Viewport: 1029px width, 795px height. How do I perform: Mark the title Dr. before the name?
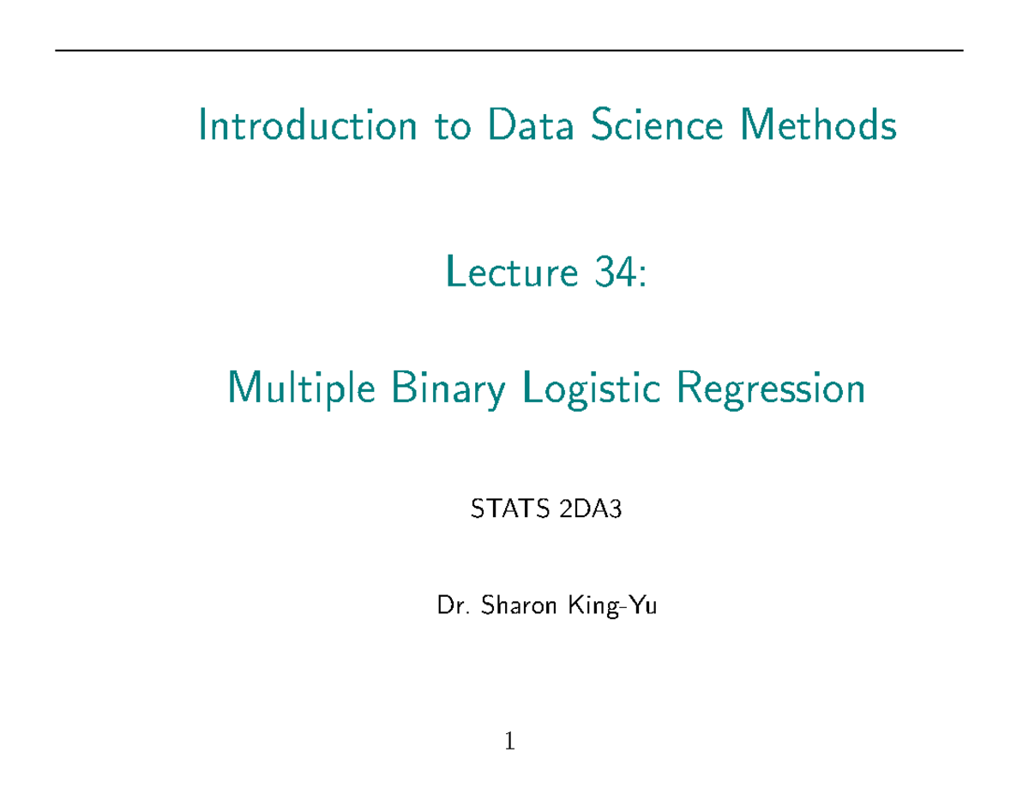pyautogui.click(x=449, y=608)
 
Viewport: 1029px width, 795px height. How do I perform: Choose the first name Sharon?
pyautogui.click(x=509, y=608)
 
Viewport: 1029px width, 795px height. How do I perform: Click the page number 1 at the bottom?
pyautogui.click(x=510, y=741)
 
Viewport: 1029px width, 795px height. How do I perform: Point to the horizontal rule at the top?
pyautogui.click(x=509, y=51)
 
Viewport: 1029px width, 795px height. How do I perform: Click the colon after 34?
pyautogui.click(x=637, y=276)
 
